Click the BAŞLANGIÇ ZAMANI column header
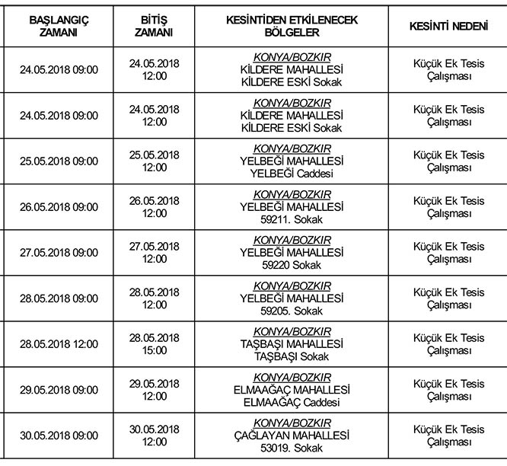pos(59,27)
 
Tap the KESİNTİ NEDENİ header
pos(448,27)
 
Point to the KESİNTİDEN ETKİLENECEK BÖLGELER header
pos(292,27)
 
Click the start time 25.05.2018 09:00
pos(59,161)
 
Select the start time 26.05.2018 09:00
pos(59,207)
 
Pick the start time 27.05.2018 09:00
pos(59,253)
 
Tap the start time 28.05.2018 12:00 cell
pos(59,344)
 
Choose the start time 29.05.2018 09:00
pos(59,390)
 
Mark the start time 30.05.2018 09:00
pos(59,436)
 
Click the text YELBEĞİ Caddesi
pos(292,174)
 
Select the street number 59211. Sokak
pos(292,219)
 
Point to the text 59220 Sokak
pos(292,265)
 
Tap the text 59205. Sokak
pos(292,311)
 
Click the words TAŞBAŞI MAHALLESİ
pos(292,344)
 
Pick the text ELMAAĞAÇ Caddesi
pos(292,402)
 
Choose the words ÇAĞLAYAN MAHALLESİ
pos(292,436)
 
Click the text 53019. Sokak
pos(292,448)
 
